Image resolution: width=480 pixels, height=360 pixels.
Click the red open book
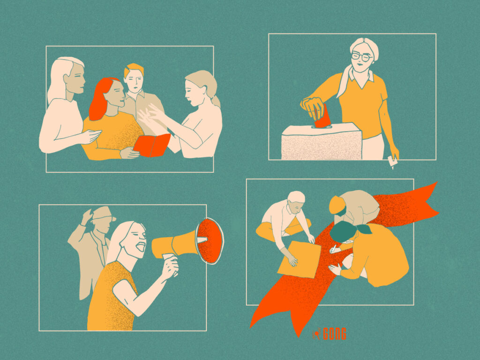coord(152,145)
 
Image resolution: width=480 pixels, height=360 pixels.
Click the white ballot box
coord(322,142)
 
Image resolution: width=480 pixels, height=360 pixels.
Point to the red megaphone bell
coord(210,241)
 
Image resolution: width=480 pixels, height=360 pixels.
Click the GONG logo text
coord(335,334)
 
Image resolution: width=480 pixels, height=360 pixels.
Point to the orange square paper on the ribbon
coord(299,259)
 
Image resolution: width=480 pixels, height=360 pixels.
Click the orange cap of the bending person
coord(336,205)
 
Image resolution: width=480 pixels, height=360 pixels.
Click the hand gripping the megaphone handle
coord(170,266)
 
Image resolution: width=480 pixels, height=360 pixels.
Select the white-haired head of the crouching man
coord(296,200)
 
